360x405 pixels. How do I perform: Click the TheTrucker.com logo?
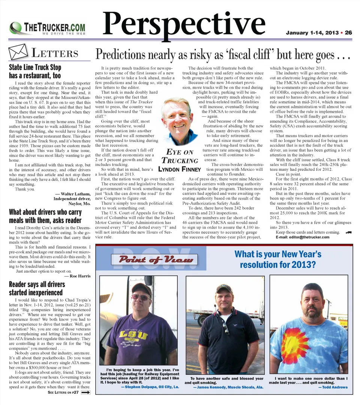click(x=48, y=28)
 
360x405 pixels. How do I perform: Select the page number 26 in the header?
click(x=348, y=33)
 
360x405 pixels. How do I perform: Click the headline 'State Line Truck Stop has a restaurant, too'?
click(x=35, y=71)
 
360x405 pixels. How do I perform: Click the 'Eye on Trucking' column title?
click(x=180, y=156)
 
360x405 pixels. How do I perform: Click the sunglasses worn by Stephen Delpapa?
click(x=140, y=297)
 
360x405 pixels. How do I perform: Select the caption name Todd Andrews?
click(x=333, y=387)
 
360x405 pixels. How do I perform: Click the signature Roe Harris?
click(x=78, y=276)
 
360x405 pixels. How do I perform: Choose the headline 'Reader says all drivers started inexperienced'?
click(x=37, y=288)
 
